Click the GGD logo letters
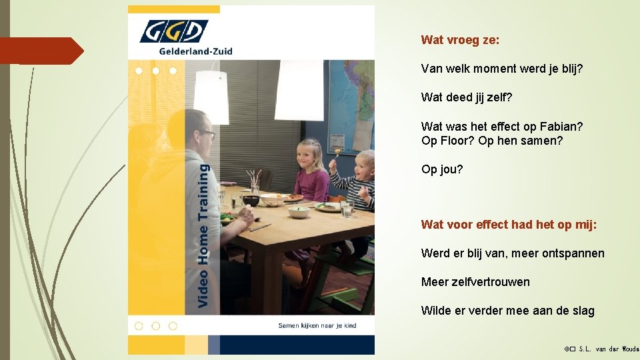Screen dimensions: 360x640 pyautogui.click(x=173, y=31)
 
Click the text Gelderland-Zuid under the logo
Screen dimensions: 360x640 pyautogui.click(x=195, y=51)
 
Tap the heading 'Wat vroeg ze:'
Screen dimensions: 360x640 pyautogui.click(x=460, y=40)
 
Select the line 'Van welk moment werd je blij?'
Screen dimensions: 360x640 pyautogui.click(x=502, y=69)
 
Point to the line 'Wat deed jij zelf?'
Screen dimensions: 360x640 pyautogui.click(x=467, y=97)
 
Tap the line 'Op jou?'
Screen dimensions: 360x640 pyautogui.click(x=441, y=169)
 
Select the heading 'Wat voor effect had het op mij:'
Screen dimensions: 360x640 pyautogui.click(x=509, y=225)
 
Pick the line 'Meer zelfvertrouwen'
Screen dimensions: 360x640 pyautogui.click(x=475, y=282)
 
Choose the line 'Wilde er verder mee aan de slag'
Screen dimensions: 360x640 pyautogui.click(x=507, y=311)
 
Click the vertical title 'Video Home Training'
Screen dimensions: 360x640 pyautogui.click(x=203, y=237)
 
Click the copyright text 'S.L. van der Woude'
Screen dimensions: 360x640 pyautogui.click(x=608, y=349)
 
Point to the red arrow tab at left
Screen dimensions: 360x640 pyautogui.click(x=40, y=51)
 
